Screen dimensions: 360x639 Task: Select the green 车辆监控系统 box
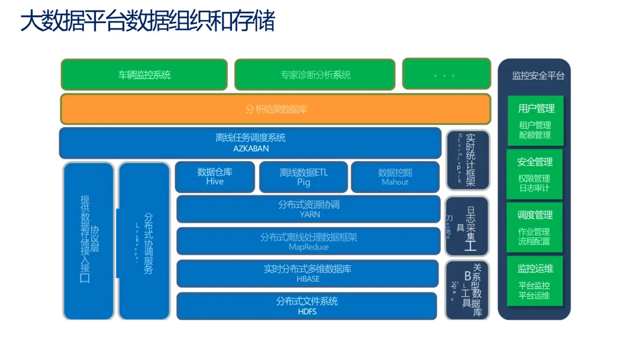144,75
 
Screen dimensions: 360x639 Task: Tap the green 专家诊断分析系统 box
315,75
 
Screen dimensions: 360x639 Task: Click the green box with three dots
446,75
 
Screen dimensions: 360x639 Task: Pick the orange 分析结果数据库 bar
276,109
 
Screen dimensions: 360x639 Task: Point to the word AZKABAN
251,149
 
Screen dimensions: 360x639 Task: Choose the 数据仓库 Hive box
215,177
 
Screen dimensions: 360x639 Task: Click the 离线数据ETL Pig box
304,177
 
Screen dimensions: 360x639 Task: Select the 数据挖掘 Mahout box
395,177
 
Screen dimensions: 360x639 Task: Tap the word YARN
308,214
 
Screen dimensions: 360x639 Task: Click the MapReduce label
308,247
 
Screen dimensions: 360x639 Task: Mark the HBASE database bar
308,279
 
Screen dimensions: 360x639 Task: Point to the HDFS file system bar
307,311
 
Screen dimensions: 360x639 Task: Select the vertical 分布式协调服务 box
144,240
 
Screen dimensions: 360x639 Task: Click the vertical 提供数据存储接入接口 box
88,240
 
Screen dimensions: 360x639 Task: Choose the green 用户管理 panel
535,121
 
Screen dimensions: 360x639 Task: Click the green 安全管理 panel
535,174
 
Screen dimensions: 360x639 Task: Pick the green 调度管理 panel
535,227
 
